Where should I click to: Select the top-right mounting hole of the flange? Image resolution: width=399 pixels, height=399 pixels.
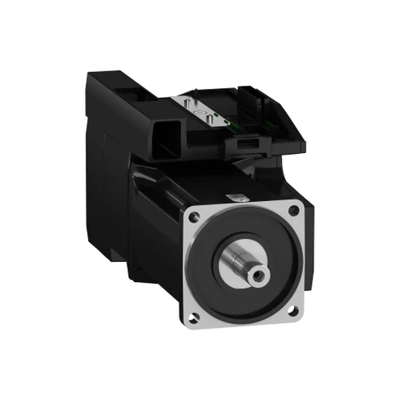point(295,210)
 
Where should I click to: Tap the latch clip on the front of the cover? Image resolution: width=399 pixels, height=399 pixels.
point(248,146)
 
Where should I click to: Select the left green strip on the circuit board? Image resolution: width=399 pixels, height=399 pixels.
point(231,121)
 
